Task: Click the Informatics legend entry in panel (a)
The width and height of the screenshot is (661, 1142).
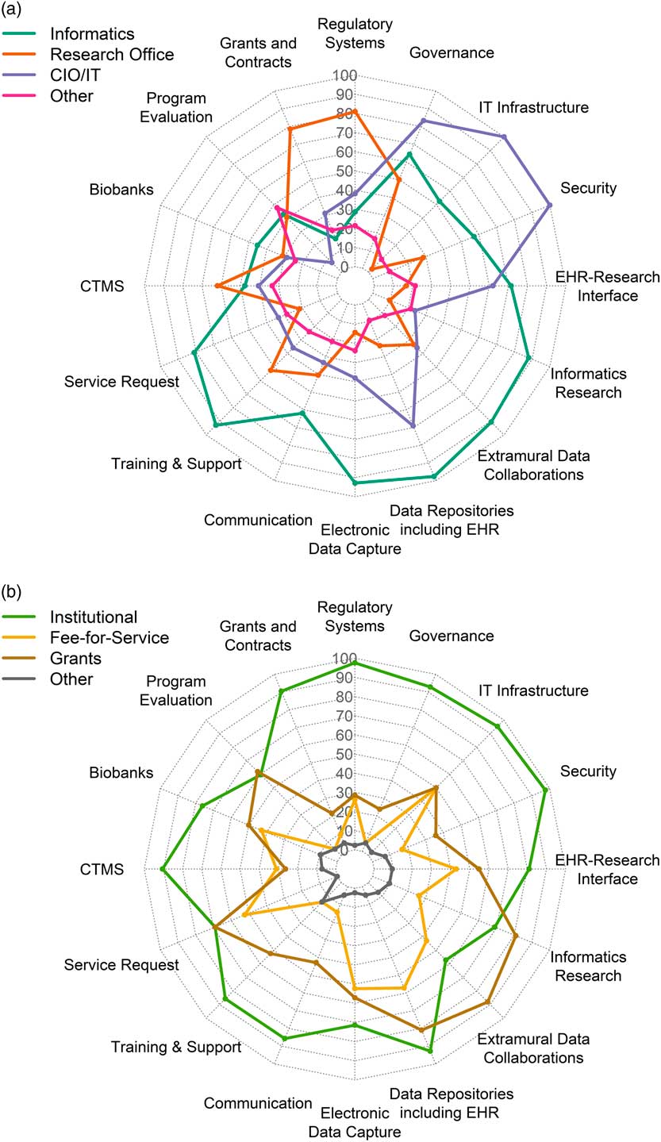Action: tap(91, 34)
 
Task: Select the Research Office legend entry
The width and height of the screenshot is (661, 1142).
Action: tap(111, 55)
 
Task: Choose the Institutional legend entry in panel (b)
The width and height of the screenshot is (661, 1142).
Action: tap(93, 617)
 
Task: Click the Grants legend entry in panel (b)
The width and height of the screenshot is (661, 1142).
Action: tap(75, 658)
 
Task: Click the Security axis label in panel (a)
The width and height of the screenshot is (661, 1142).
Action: tap(588, 188)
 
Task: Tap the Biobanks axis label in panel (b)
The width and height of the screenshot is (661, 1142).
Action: tap(121, 772)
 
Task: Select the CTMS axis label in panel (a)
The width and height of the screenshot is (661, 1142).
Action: tap(102, 286)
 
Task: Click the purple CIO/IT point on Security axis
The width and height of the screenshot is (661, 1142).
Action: tap(550, 206)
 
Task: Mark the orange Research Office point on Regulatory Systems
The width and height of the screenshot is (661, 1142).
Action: tap(355, 111)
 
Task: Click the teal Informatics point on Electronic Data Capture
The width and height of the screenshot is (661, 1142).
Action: tap(355, 483)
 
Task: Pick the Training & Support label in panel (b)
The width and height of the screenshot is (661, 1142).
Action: tap(176, 1047)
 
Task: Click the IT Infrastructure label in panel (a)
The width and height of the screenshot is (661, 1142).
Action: tap(534, 107)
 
